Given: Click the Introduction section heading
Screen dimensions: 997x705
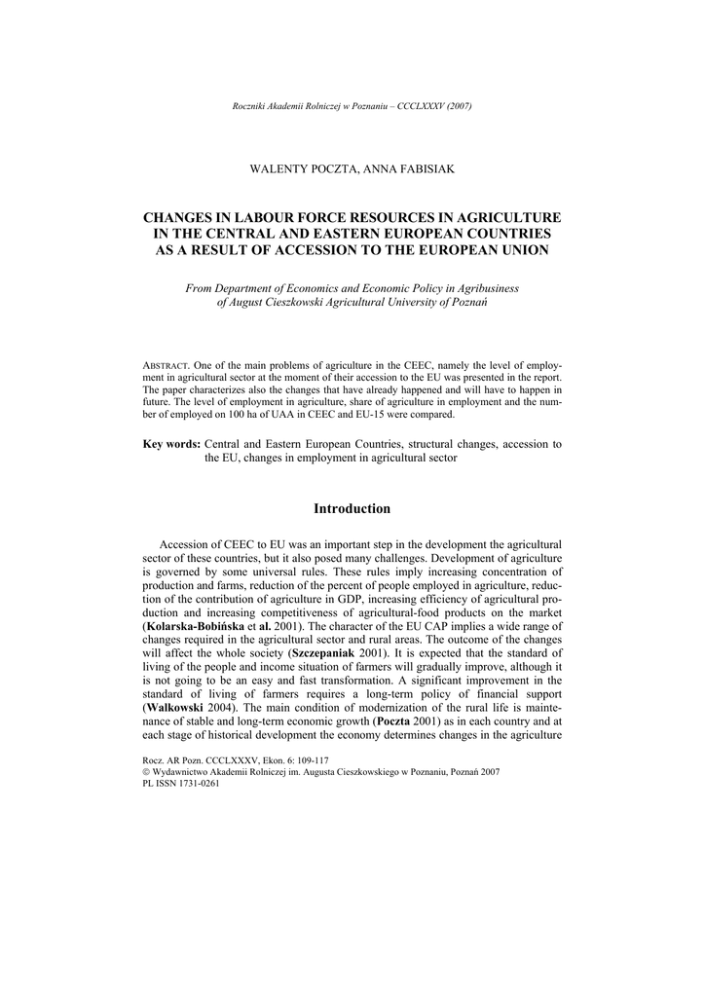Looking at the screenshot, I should [x=352, y=509].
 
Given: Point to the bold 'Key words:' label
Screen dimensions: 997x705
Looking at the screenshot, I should [x=171, y=444].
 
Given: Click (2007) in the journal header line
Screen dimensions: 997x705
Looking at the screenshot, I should [x=460, y=106].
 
